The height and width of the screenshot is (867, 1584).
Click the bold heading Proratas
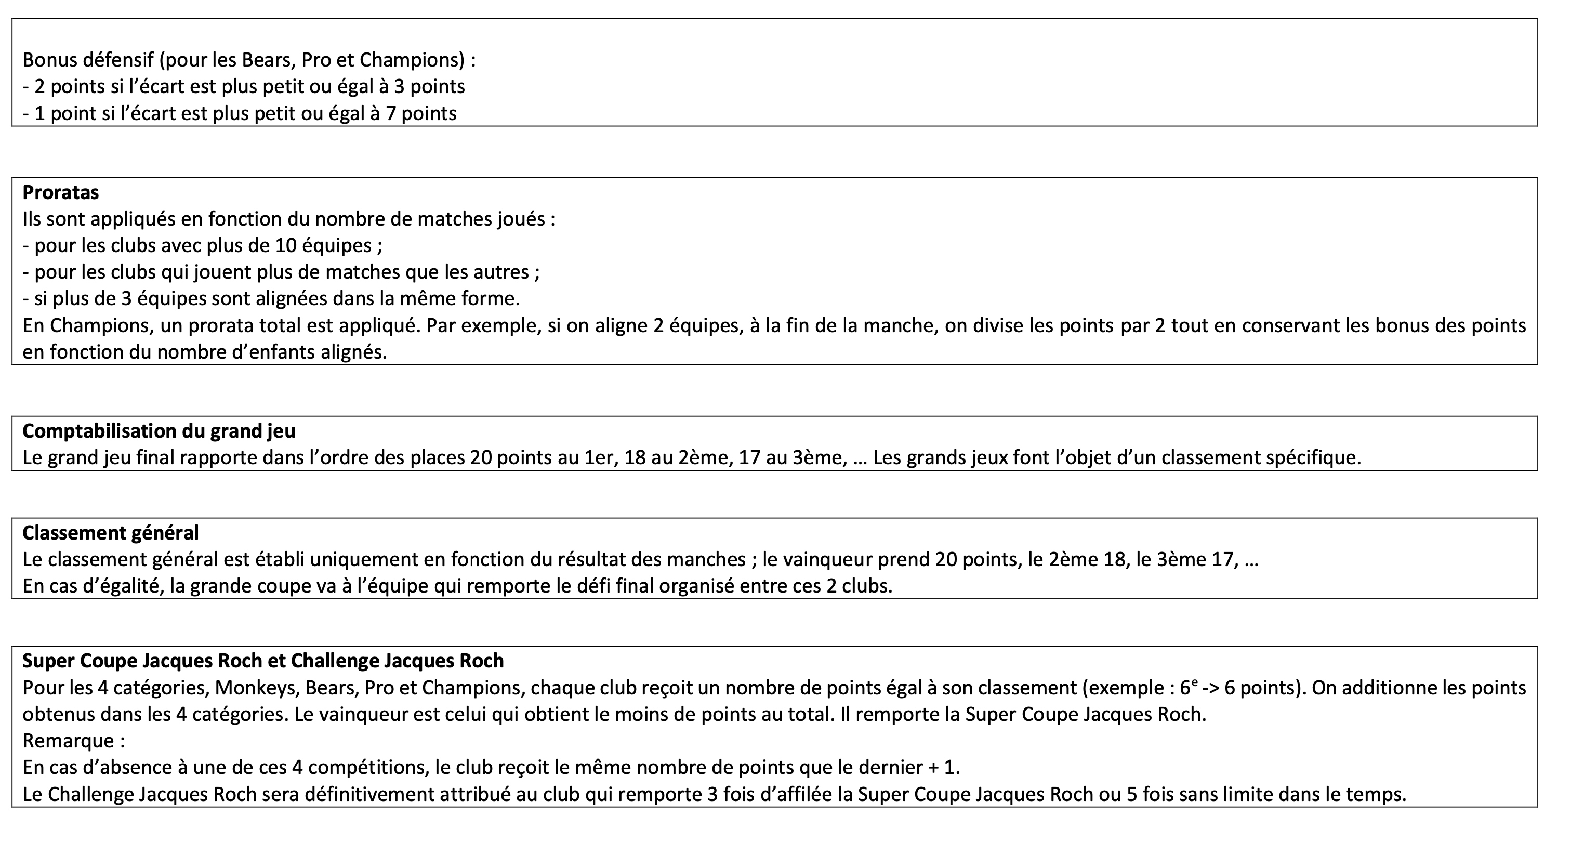click(60, 192)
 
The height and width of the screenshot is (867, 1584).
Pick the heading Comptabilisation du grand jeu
click(159, 431)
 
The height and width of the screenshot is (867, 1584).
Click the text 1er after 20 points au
click(598, 458)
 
